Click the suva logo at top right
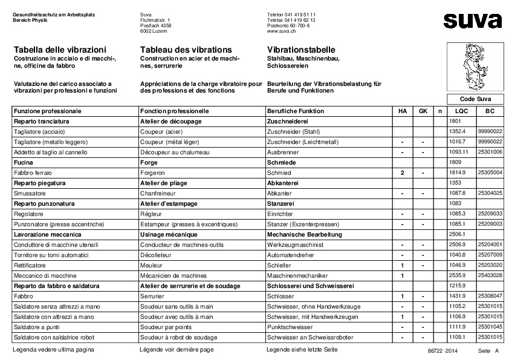(x=472, y=21)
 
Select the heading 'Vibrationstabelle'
(x=300, y=49)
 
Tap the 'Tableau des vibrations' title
(x=185, y=49)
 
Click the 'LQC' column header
(x=461, y=111)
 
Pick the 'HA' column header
(x=402, y=111)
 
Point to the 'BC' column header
(x=490, y=111)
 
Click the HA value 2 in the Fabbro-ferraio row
(x=402, y=172)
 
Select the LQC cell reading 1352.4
(x=458, y=131)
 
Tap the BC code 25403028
(x=490, y=275)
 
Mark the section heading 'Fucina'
(x=24, y=162)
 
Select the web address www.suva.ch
(x=280, y=31)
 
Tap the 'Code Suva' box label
(x=475, y=99)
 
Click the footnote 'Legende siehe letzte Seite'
(x=302, y=350)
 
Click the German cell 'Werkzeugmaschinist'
(x=296, y=244)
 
